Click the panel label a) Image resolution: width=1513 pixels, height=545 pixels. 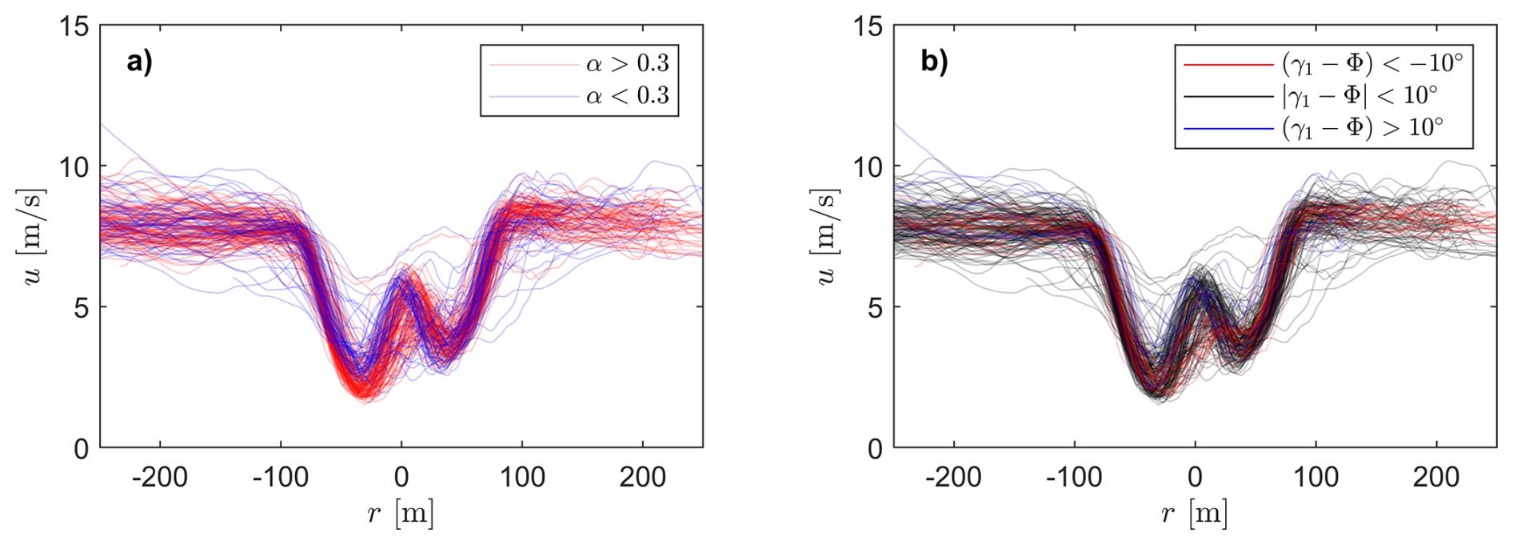139,62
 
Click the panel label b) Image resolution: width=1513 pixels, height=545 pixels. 933,62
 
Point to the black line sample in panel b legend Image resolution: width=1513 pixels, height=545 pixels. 1228,96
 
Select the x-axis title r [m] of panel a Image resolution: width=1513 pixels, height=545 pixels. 401,513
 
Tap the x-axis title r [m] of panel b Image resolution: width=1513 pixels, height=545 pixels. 1195,513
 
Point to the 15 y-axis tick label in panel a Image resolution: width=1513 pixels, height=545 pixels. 74,26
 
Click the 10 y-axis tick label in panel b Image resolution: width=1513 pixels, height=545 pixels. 868,166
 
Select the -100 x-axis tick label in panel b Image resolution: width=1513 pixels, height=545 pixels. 1074,477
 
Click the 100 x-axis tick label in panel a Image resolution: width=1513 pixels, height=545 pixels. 522,477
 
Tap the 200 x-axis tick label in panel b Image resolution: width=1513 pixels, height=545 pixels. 1436,477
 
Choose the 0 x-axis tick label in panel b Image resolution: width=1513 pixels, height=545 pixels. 1195,477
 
